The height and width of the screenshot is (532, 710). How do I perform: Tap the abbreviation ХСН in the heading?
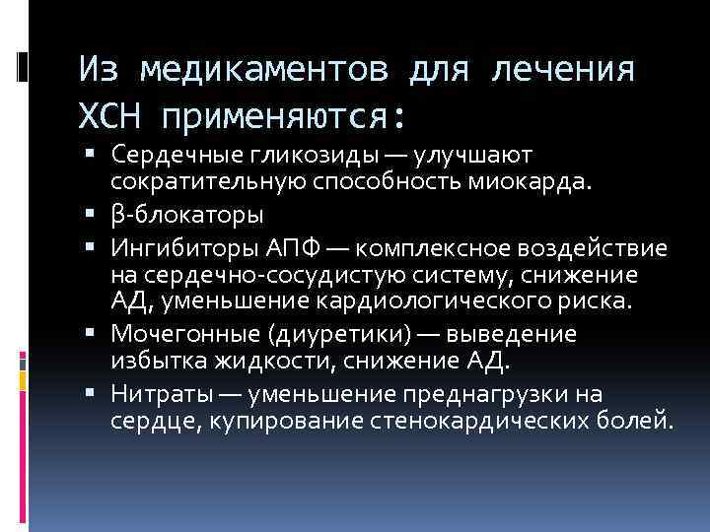[x=111, y=117]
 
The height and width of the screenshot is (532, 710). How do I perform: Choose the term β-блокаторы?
[x=187, y=214]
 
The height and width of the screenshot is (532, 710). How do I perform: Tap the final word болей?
[x=639, y=422]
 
